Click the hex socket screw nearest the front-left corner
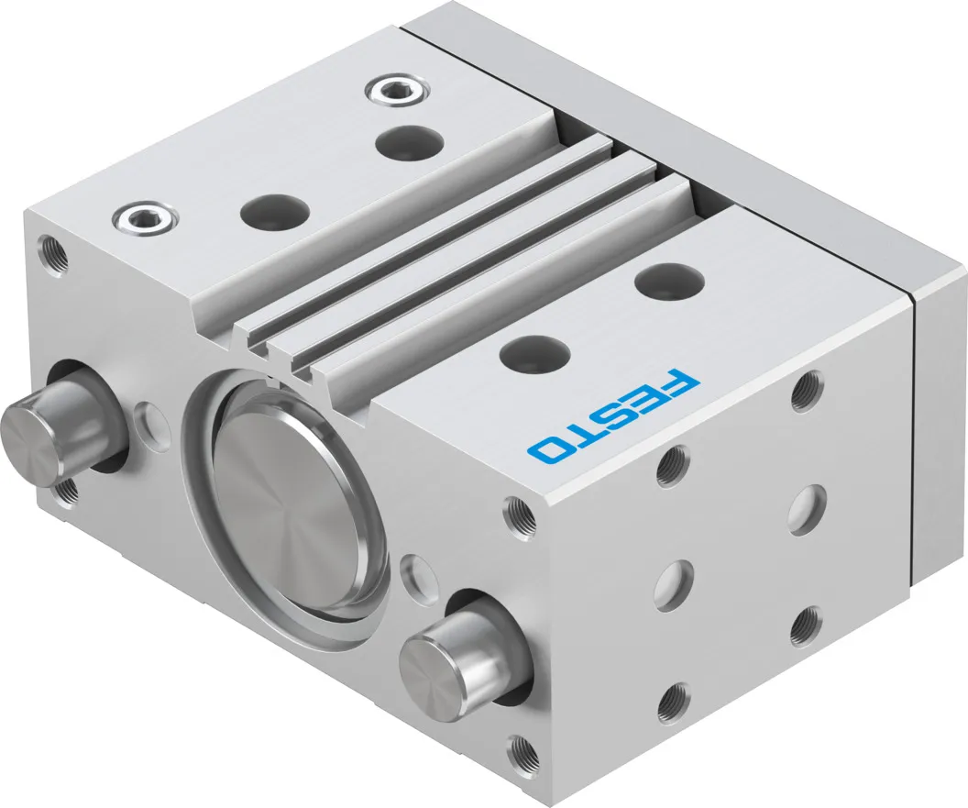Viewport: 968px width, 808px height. pos(146,217)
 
